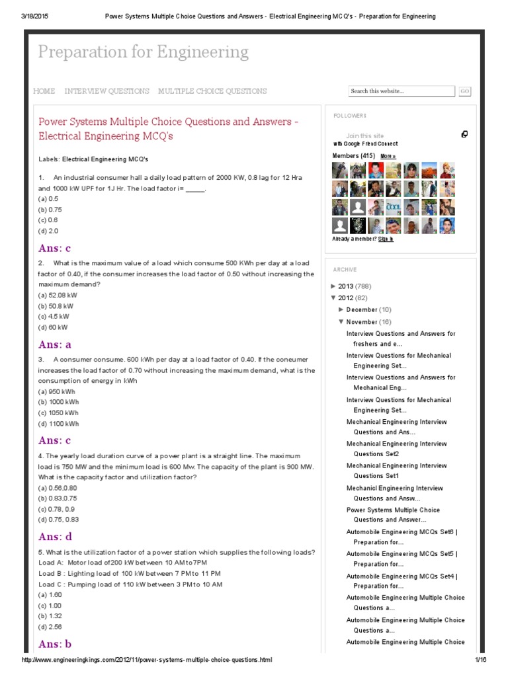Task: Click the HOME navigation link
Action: [44, 91]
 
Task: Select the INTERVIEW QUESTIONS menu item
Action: [106, 91]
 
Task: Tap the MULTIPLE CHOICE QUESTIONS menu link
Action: [212, 91]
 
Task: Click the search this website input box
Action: [401, 91]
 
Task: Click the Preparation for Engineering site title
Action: [143, 52]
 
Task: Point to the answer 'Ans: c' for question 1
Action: [54, 249]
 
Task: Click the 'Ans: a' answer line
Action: [55, 344]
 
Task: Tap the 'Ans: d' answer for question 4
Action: [55, 537]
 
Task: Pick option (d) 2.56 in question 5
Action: [50, 627]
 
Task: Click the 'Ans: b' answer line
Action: [55, 644]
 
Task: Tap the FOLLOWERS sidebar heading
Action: [350, 116]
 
